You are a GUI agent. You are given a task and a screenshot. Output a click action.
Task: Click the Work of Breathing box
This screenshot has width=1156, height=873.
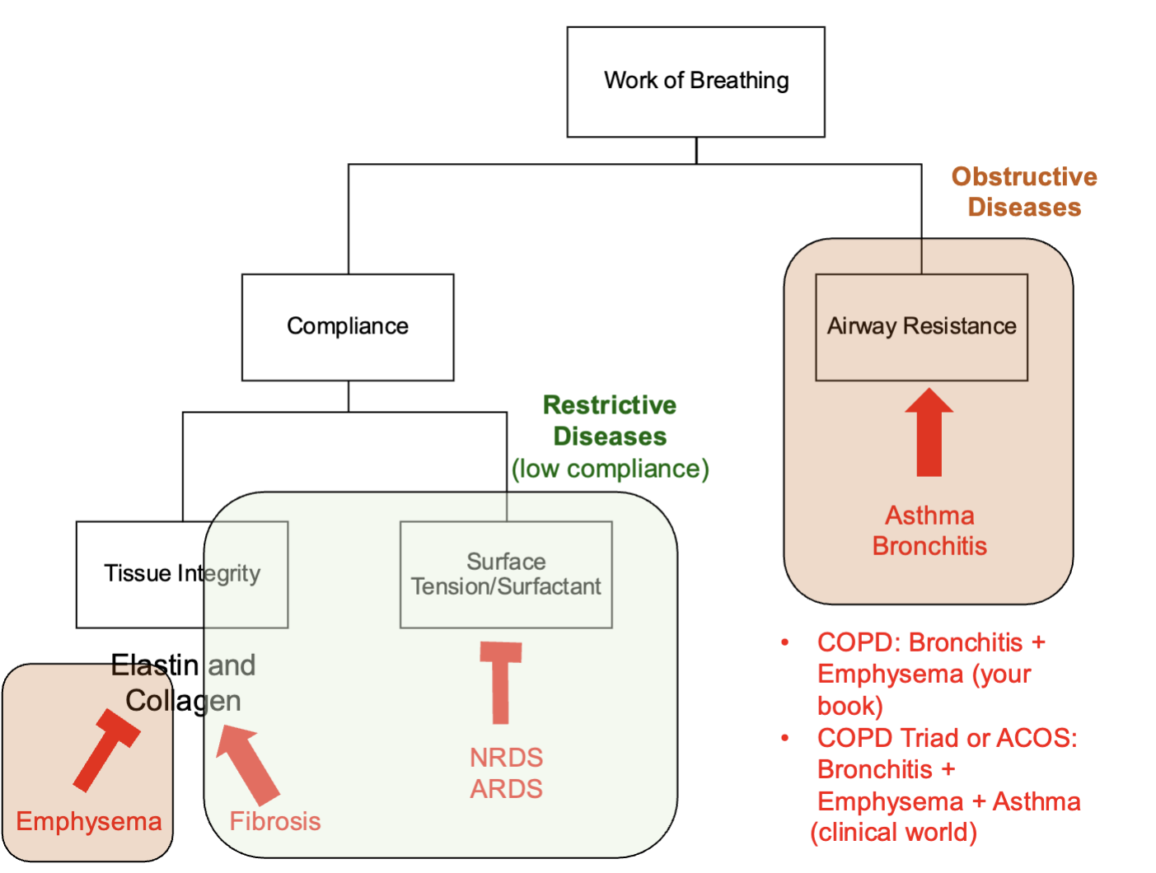coord(695,81)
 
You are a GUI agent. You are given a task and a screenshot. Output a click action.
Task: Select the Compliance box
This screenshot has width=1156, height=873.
coord(347,326)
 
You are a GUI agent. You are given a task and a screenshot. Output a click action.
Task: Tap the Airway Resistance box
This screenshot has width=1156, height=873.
coord(921,326)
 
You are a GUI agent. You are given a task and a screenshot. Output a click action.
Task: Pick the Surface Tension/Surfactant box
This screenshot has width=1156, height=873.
coord(506,574)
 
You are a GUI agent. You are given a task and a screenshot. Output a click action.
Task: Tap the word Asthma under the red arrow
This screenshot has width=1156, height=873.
coord(929,516)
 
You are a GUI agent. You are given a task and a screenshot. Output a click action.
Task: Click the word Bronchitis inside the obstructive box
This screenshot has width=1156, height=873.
coord(929,546)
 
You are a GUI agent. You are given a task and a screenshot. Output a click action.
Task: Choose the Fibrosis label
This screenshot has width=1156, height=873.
coord(274,821)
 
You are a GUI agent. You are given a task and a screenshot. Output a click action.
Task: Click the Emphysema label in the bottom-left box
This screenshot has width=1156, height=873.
coord(89,821)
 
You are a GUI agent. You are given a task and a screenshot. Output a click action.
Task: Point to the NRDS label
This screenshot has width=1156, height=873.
coord(506,758)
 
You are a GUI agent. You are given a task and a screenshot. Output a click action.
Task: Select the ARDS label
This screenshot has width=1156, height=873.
coord(506,789)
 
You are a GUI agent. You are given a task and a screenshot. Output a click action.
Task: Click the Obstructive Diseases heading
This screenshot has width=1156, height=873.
coord(1024,192)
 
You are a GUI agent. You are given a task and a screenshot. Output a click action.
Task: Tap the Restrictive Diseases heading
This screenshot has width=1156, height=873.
coord(610,420)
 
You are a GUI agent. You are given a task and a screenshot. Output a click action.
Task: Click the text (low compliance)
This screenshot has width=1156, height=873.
coord(610,469)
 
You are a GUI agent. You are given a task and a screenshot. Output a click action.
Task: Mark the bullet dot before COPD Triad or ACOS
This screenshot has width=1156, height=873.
coord(785,738)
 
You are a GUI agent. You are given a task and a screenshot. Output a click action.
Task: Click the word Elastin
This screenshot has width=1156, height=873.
coord(155,665)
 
